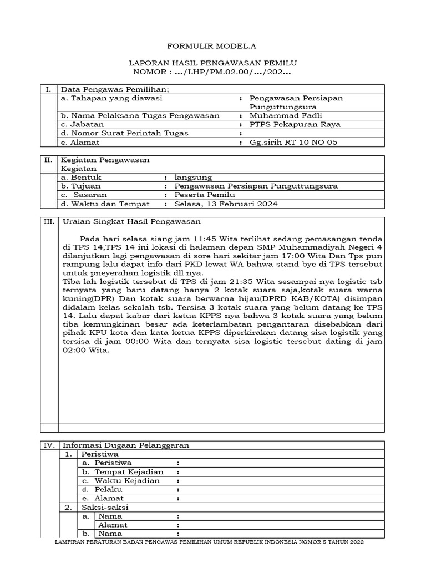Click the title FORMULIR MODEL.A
click(213, 48)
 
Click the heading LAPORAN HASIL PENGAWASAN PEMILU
click(213, 64)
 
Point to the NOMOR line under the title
click(213, 73)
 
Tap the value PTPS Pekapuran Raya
click(295, 124)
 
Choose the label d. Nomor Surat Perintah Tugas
click(124, 133)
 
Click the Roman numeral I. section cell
click(48, 89)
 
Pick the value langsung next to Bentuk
click(193, 177)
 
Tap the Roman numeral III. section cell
click(49, 221)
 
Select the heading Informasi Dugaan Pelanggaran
click(126, 445)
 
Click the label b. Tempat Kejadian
click(119, 471)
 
